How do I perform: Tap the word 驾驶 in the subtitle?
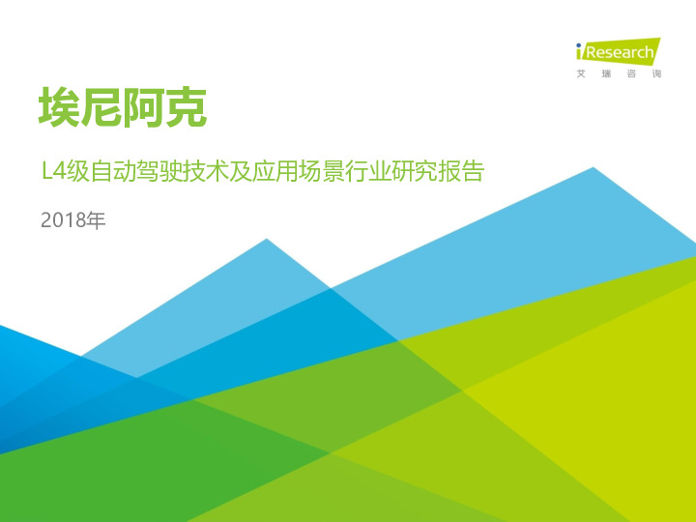(x=166, y=174)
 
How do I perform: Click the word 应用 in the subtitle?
(x=281, y=174)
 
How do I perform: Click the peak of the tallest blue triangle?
(x=593, y=168)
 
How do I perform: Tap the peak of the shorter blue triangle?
(x=267, y=240)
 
